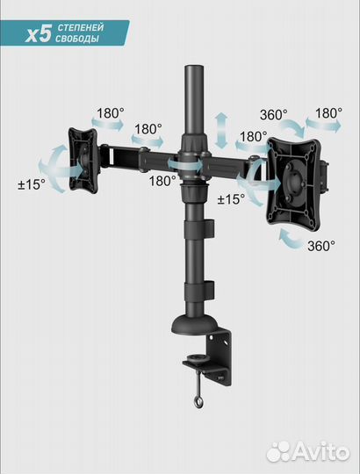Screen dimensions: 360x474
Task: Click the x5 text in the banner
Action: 38,34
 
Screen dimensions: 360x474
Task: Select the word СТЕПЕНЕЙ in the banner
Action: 80,28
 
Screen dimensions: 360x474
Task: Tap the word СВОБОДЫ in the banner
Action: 77,39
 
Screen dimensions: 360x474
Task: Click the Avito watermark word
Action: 321,453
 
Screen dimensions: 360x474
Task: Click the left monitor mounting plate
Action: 83,161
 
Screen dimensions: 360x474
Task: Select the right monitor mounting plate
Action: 293,183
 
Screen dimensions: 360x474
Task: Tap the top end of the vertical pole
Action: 194,66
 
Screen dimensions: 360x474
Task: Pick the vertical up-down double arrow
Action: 222,131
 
